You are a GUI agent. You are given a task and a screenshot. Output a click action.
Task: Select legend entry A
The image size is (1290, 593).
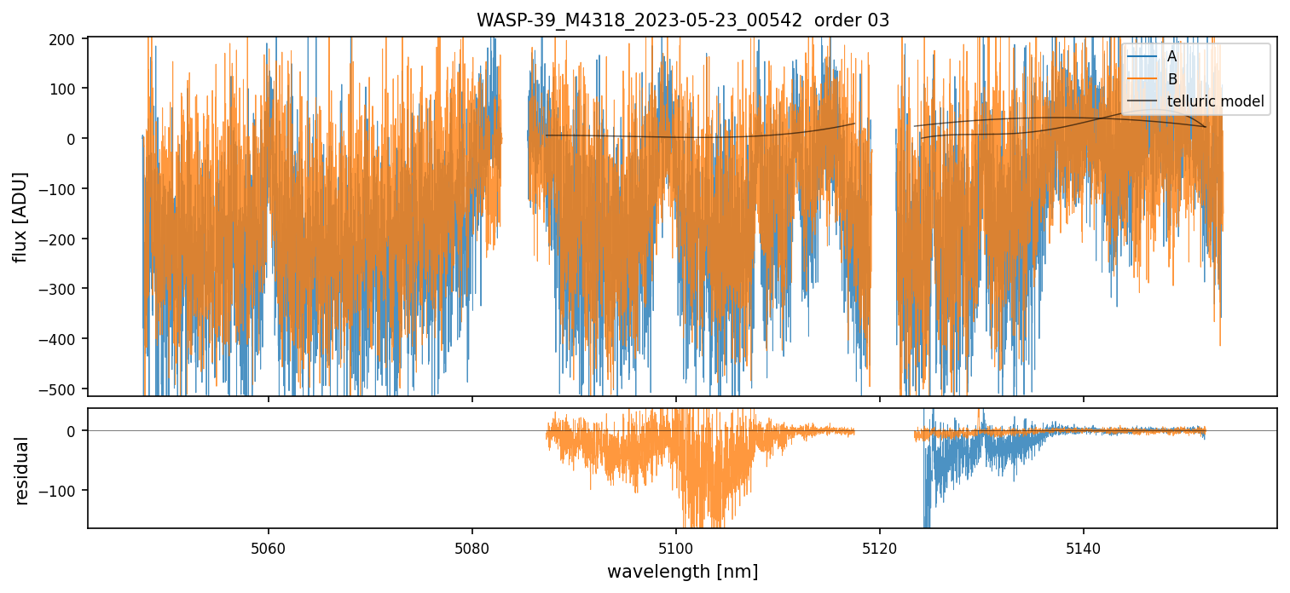click(x=1171, y=56)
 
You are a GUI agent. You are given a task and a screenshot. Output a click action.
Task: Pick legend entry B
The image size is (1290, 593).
click(x=1171, y=79)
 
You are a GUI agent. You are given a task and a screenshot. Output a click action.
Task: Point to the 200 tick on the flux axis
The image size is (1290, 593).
click(x=66, y=38)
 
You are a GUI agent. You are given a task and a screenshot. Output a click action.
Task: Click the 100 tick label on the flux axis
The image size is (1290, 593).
click(x=66, y=89)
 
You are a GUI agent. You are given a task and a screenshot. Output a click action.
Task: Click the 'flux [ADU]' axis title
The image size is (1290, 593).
click(x=20, y=216)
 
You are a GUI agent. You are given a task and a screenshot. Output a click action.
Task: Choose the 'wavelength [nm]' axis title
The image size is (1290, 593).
click(x=682, y=571)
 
